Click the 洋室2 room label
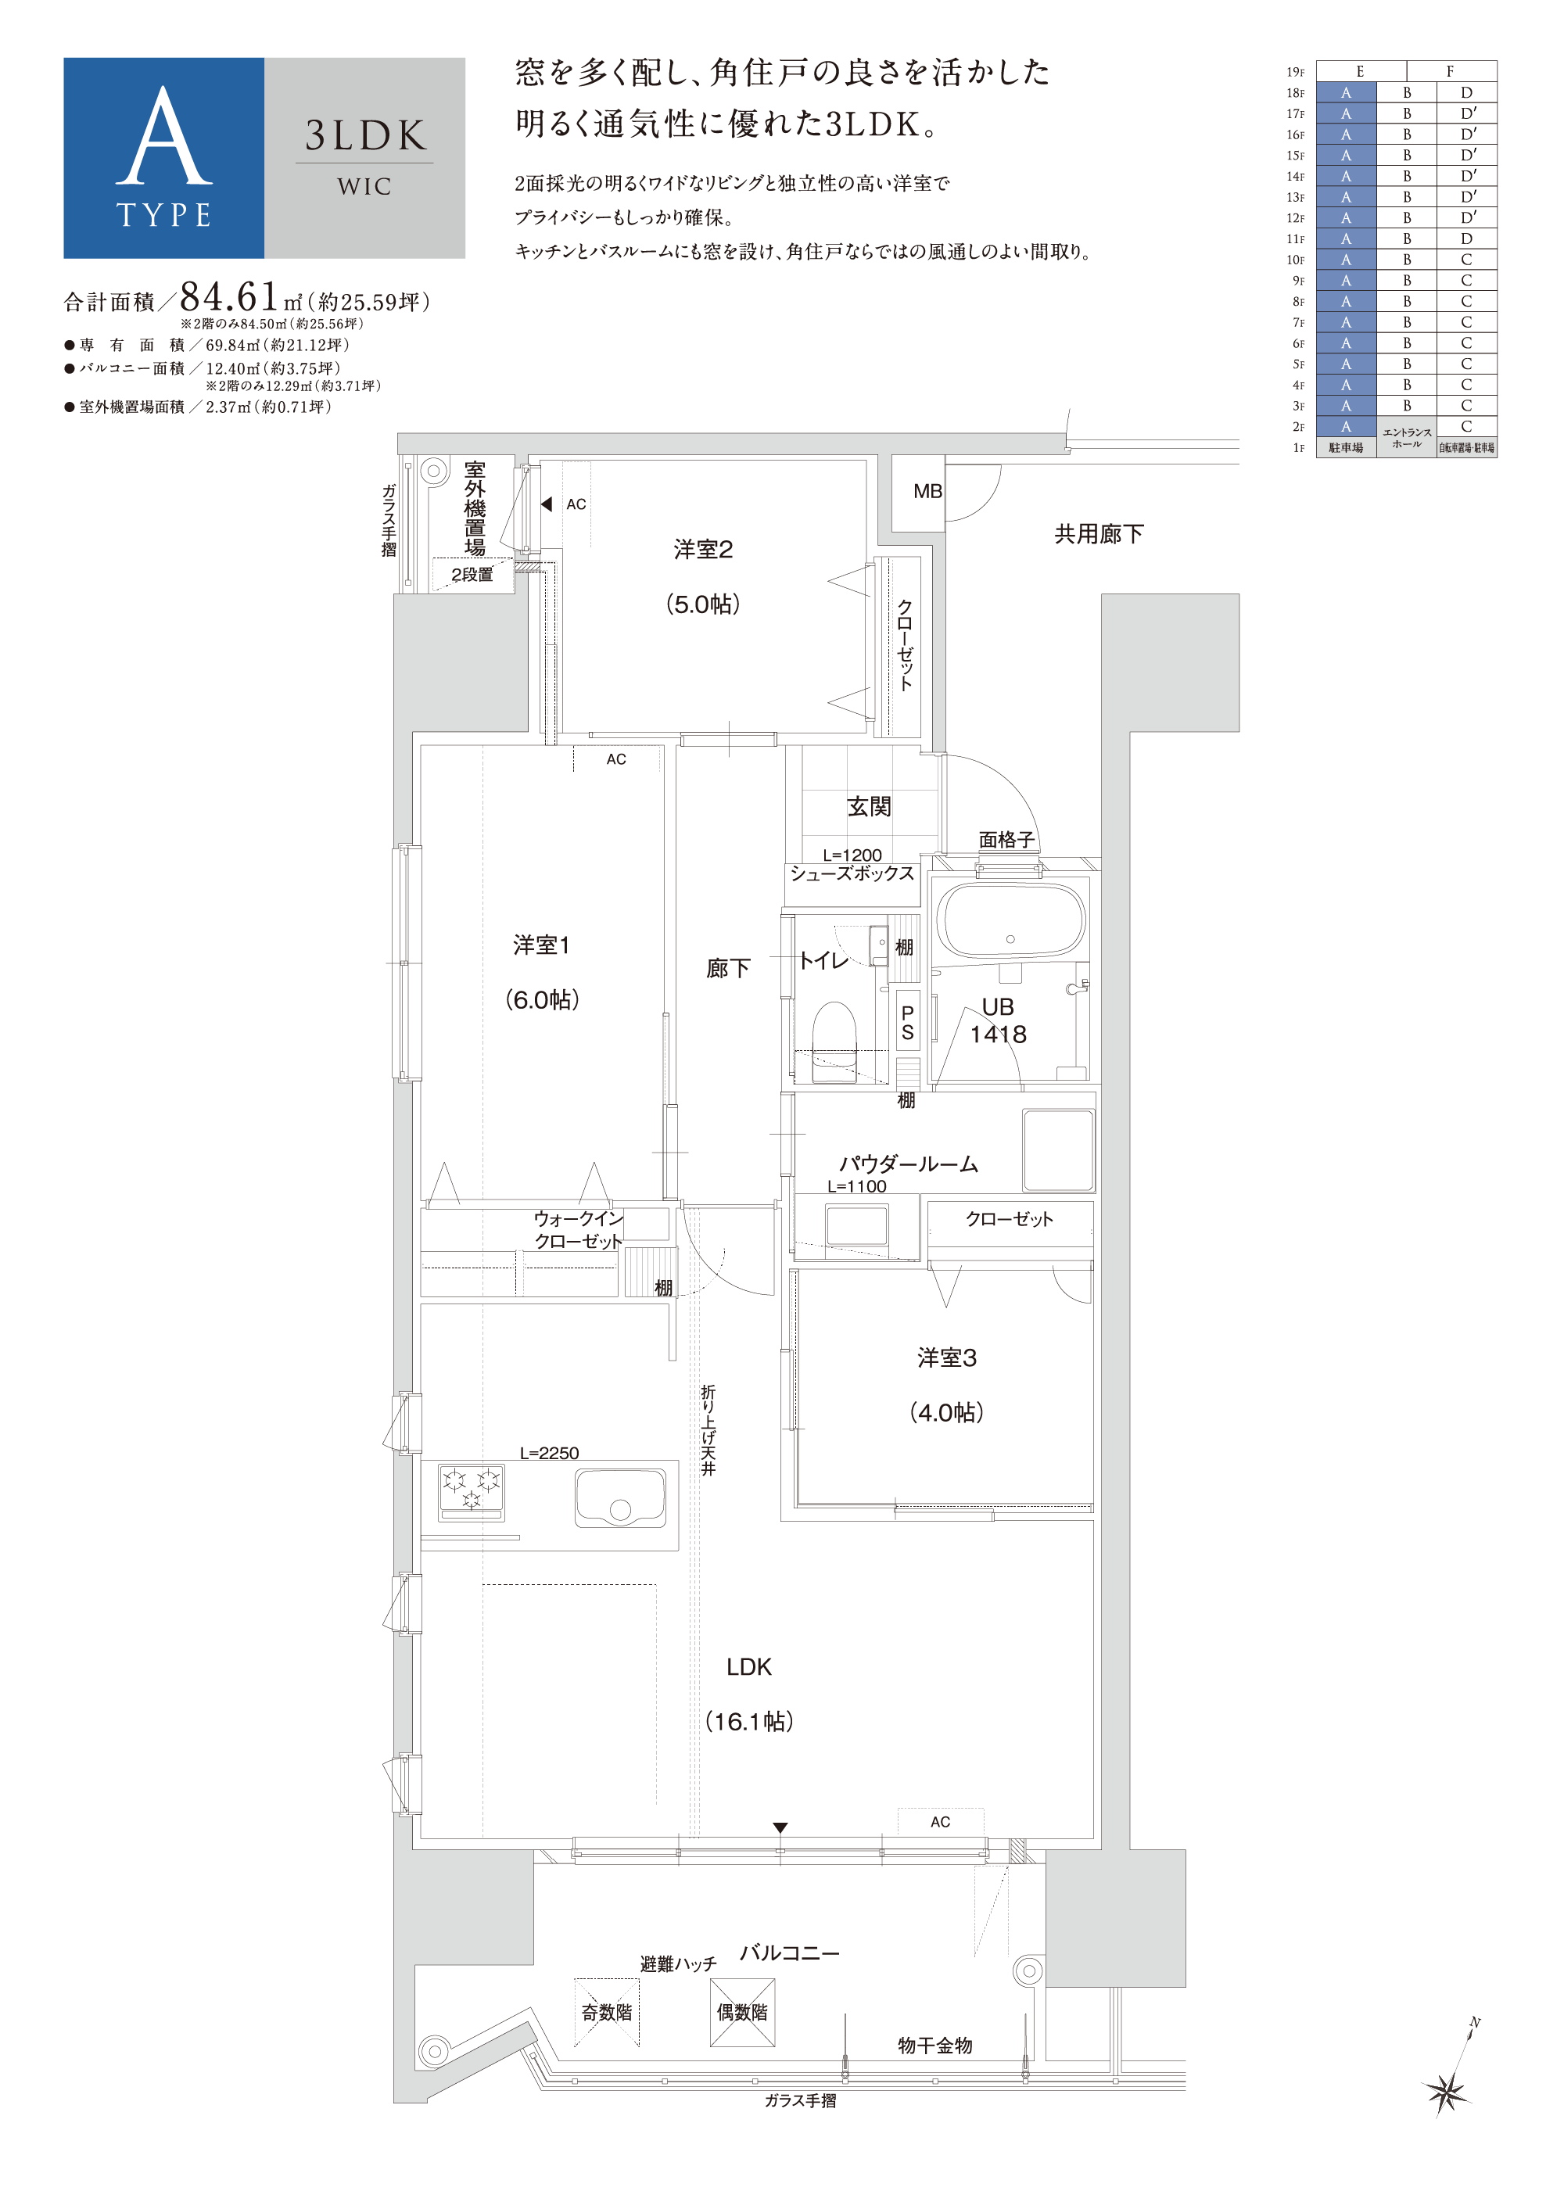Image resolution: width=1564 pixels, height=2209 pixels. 703,549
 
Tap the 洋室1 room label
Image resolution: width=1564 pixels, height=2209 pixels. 541,945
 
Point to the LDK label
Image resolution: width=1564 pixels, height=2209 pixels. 749,1666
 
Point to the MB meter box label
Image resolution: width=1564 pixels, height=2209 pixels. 927,491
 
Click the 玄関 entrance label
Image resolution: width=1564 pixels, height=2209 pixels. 869,806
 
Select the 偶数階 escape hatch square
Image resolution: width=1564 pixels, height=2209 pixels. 743,2012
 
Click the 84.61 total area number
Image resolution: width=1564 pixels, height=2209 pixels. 229,298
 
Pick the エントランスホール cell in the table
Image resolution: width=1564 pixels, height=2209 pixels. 1406,438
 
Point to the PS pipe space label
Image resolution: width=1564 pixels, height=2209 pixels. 907,1023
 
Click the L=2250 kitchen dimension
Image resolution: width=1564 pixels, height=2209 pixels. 549,1453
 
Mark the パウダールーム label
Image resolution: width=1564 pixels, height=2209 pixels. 908,1164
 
